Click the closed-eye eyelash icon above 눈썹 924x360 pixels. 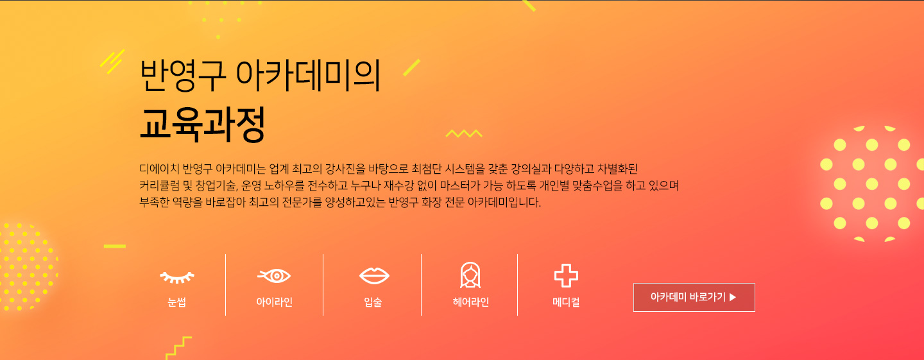point(177,277)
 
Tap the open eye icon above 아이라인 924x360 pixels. point(275,275)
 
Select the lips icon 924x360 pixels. point(374,275)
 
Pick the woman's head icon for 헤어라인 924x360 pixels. point(470,275)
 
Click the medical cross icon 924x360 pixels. point(566,275)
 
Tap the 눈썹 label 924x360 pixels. point(177,302)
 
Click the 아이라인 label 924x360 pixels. point(275,302)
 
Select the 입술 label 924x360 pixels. point(373,302)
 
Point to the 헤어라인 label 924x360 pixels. point(471,302)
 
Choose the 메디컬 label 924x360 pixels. point(566,302)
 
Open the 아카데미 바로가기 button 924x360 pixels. point(694,297)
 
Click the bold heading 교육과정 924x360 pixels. point(202,124)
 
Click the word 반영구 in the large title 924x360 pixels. point(183,75)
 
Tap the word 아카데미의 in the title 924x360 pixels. point(308,75)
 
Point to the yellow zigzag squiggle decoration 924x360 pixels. point(464,133)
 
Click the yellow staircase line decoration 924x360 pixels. point(178,348)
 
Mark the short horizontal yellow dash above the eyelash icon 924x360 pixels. point(115,246)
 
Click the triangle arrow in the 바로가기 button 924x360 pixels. point(733,297)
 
